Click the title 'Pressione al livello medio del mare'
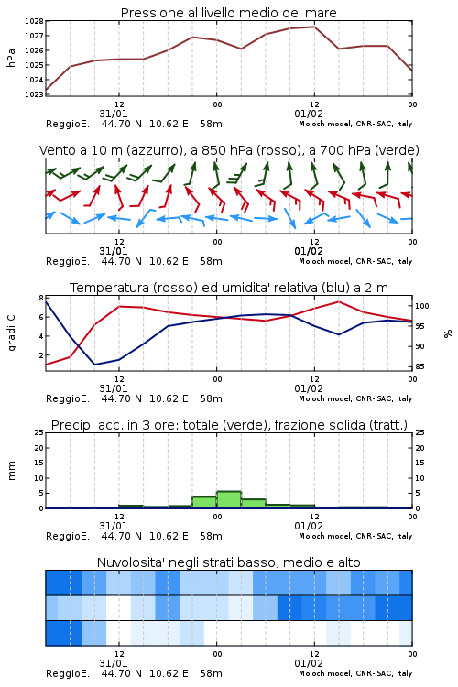coord(228,13)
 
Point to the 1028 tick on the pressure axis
coord(34,21)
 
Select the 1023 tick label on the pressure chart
coord(34,94)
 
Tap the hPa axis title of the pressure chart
coord(11,58)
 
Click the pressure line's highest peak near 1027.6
coord(314,27)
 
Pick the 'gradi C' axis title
coord(12,333)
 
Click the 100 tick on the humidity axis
coord(422,306)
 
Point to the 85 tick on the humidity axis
coord(420,366)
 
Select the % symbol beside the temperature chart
coord(448,333)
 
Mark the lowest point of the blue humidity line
coord(94,365)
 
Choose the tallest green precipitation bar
coord(229,500)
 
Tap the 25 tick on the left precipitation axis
coord(39,432)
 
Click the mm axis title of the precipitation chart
coord(11,471)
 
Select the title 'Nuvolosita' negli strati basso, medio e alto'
coord(228,562)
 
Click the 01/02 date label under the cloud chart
coord(309,663)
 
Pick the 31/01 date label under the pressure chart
coord(114,114)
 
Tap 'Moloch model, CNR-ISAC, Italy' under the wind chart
coord(355,262)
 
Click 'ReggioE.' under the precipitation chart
coord(68,536)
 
